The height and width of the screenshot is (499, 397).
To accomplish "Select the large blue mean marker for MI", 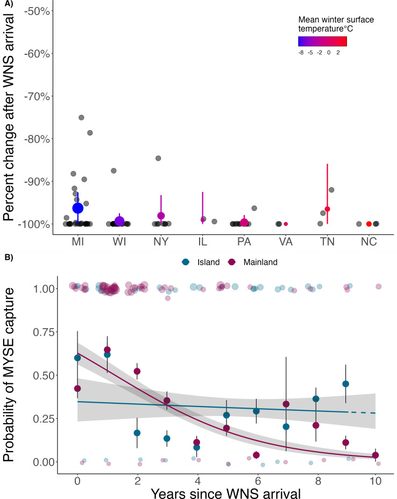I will coord(77,208).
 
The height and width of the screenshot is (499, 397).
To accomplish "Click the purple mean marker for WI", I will coord(119,221).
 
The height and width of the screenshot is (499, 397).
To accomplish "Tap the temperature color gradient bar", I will coord(322,41).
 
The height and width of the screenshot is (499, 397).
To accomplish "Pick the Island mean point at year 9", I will coord(345,384).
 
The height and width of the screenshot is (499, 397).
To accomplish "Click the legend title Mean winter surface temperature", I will coord(336,24).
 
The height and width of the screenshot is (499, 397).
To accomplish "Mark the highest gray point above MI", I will coord(81,117).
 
